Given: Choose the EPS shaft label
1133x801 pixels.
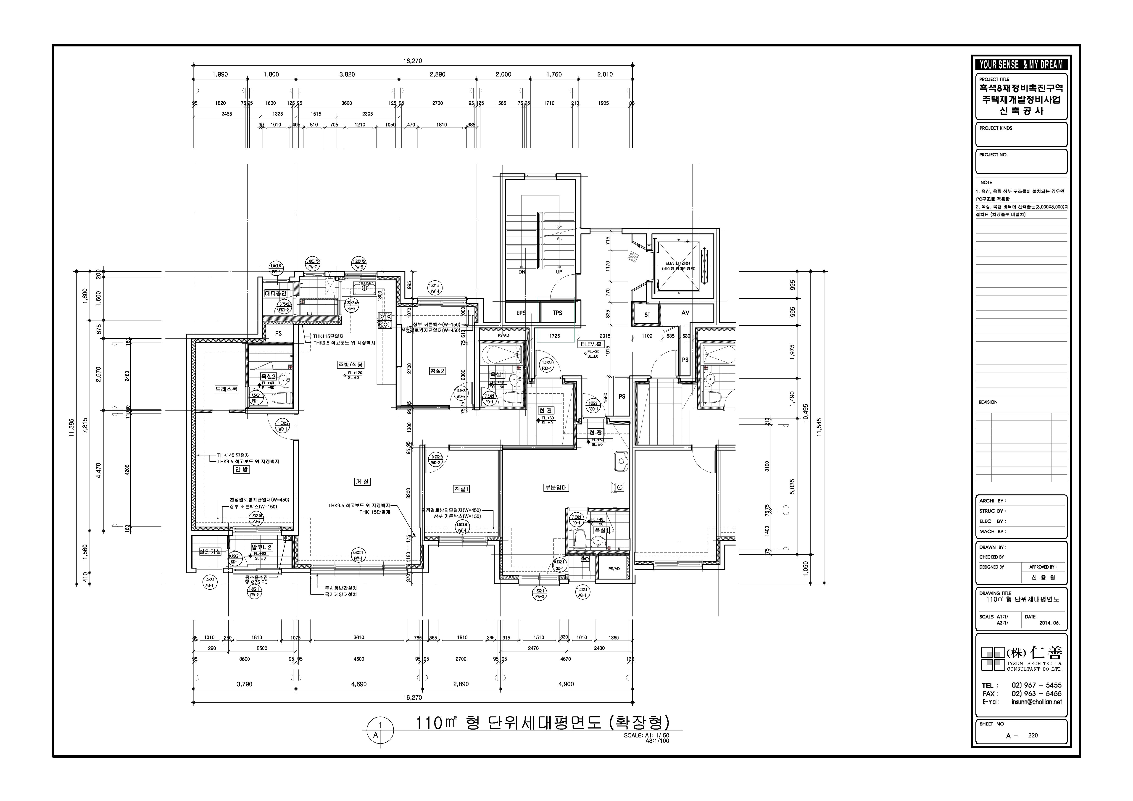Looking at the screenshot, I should (x=521, y=313).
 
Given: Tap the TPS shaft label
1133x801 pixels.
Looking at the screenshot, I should (x=557, y=313).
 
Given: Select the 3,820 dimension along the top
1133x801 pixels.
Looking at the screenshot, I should (x=347, y=74).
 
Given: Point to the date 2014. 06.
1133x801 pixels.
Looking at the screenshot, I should (x=1049, y=623).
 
